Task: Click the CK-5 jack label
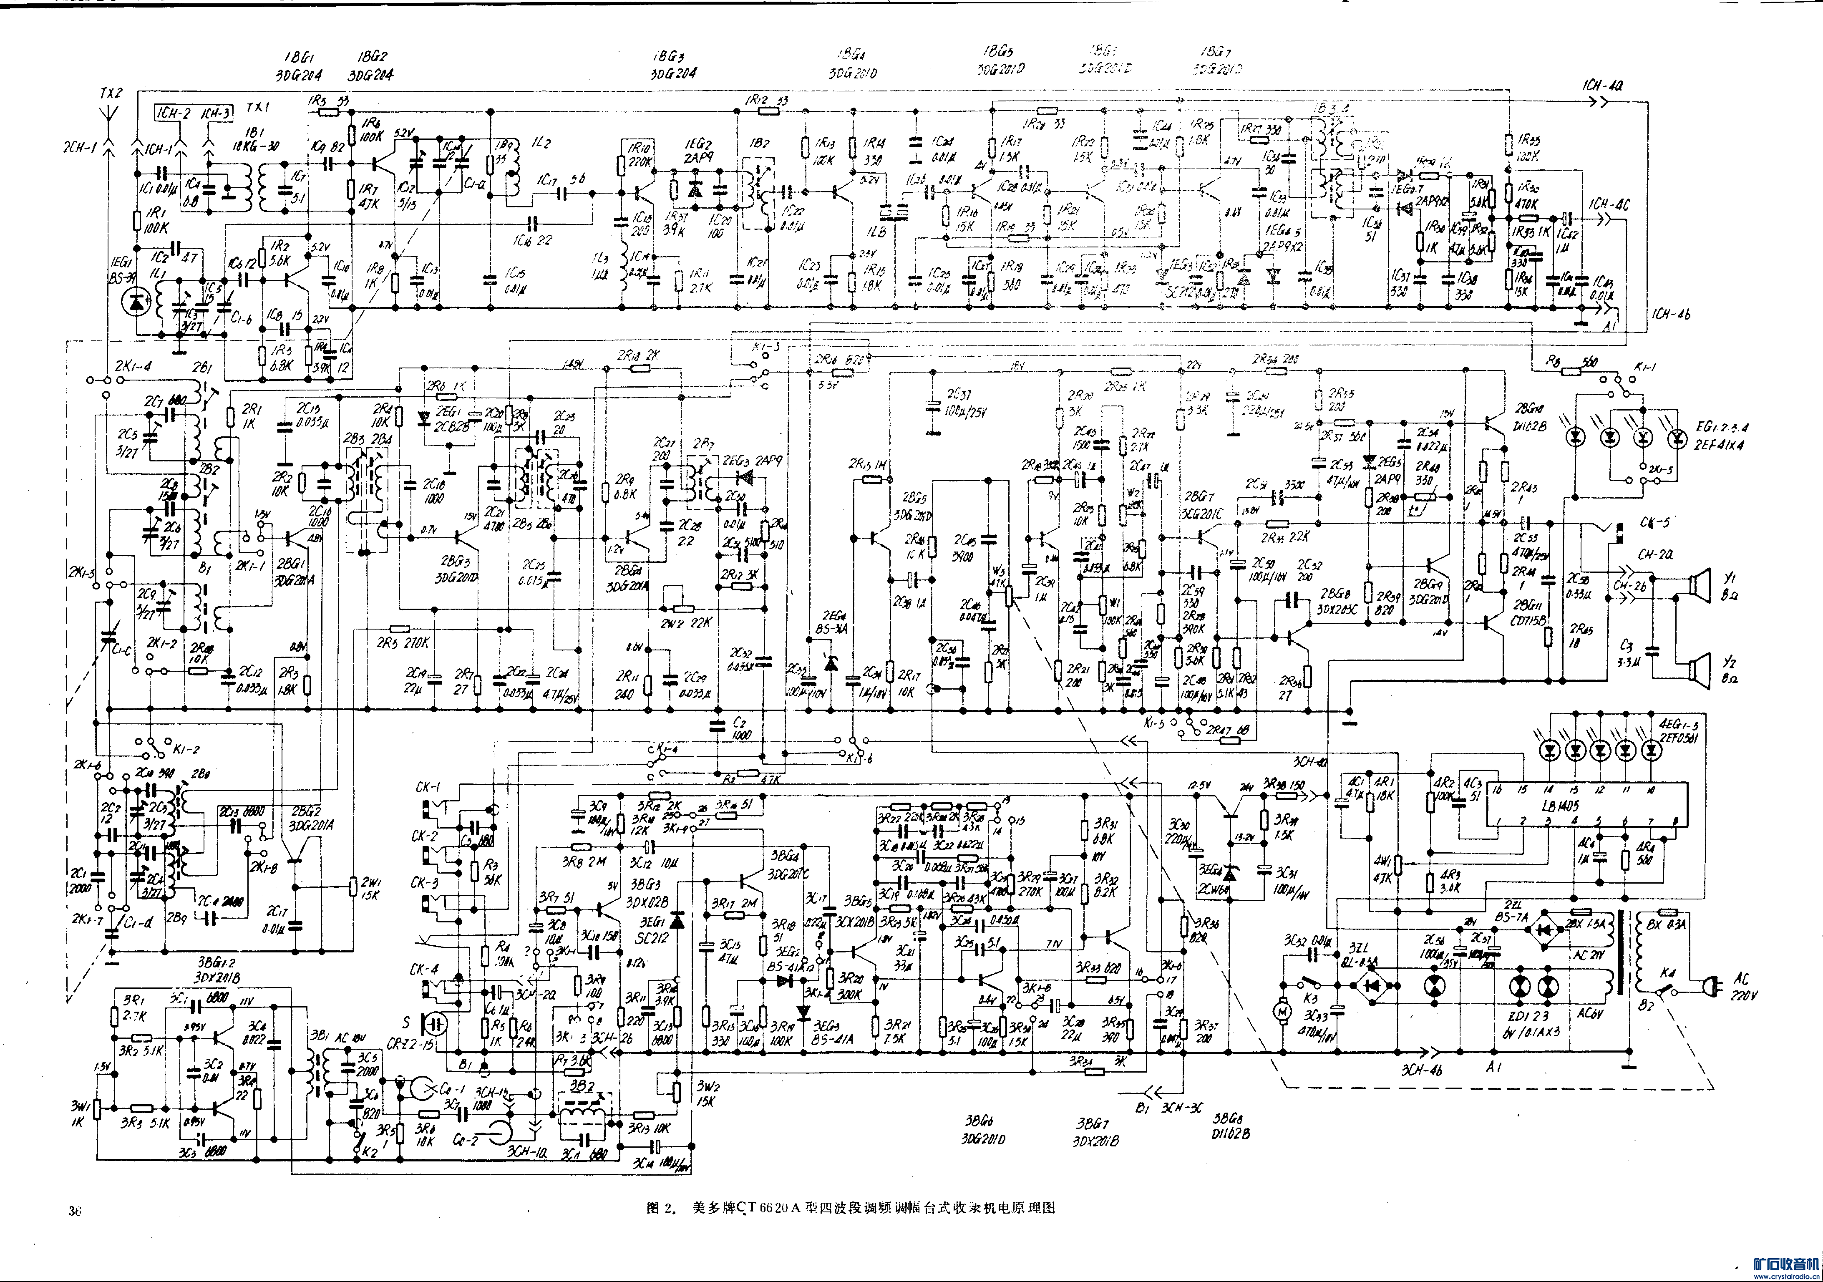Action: [1654, 522]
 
